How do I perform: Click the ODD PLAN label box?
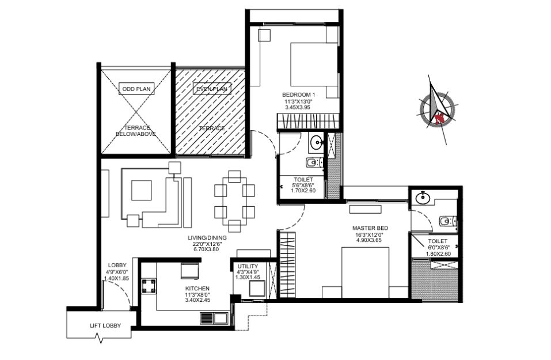point(136,89)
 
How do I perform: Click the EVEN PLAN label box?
point(212,89)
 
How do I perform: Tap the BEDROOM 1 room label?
point(298,94)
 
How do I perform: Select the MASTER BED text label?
point(370,228)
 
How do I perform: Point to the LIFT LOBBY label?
point(105,325)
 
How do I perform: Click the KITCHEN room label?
point(197,289)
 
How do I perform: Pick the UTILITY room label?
point(248,266)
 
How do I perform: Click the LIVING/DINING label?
point(207,238)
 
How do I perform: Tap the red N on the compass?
point(439,119)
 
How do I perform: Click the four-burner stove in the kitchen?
point(149,286)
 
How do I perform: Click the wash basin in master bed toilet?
point(423,198)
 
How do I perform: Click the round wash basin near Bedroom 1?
point(317,143)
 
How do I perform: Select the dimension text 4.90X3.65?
point(368,240)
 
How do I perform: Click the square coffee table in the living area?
point(142,190)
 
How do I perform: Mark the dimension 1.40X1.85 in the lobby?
point(117,278)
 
